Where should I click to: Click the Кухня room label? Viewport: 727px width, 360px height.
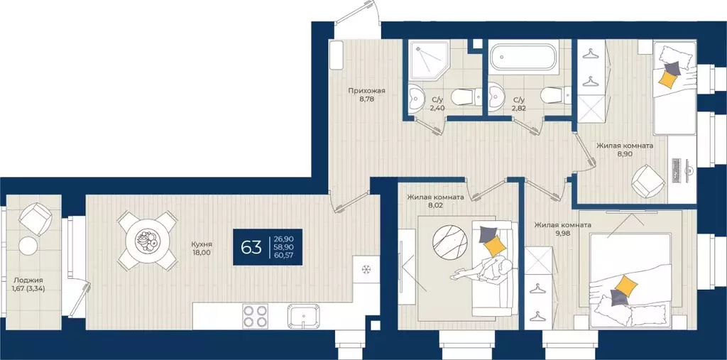(202, 244)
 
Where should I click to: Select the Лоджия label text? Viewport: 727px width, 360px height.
(28, 280)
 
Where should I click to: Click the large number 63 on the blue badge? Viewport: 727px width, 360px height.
(251, 248)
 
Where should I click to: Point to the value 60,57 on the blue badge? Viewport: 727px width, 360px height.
(284, 256)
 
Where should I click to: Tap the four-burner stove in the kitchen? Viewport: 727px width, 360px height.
(255, 317)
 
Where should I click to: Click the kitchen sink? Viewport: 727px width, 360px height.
(302, 317)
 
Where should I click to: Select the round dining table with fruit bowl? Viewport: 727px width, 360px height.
(148, 240)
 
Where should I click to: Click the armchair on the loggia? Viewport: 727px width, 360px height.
(35, 219)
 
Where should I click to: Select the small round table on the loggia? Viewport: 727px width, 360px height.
(28, 246)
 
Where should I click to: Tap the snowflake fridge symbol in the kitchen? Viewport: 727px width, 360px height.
(366, 269)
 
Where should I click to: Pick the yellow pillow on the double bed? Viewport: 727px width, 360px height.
(626, 284)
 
